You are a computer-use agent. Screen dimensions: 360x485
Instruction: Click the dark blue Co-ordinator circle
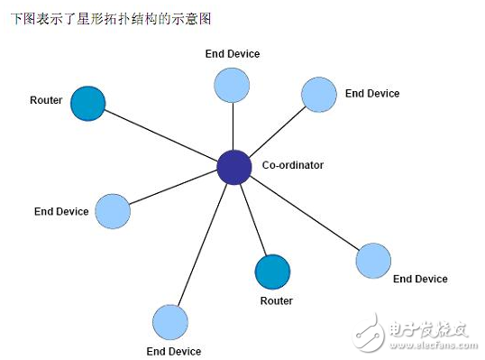click(x=233, y=167)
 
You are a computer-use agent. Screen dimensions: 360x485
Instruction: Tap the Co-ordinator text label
click(x=292, y=166)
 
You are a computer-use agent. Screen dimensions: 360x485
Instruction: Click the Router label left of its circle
click(x=46, y=100)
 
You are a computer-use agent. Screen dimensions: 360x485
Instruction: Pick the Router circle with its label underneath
click(x=272, y=272)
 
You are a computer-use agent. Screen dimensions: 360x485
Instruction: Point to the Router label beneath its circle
click(x=276, y=300)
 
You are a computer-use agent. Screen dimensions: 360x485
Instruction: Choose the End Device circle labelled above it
click(x=232, y=84)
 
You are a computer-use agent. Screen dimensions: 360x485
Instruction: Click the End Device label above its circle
click(x=232, y=54)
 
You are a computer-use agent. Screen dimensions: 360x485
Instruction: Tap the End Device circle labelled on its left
click(x=113, y=211)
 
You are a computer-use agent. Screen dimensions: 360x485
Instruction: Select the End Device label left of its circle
click(x=61, y=212)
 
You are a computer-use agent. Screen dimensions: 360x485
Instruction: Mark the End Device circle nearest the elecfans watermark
click(x=373, y=260)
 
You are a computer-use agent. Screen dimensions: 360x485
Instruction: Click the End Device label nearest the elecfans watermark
click(x=420, y=280)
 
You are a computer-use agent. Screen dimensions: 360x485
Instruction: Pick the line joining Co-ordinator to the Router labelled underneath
click(x=253, y=219)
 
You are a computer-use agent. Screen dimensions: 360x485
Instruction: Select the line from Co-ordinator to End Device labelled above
click(x=233, y=126)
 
